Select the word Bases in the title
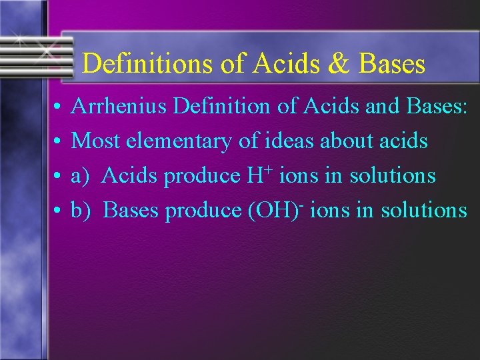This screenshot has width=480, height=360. [x=391, y=64]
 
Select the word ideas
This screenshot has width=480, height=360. [x=267, y=141]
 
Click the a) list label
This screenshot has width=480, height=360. [x=80, y=176]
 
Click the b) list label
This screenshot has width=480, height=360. [x=81, y=211]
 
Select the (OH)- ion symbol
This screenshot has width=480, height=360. [x=276, y=210]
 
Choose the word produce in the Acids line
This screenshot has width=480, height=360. [x=203, y=177]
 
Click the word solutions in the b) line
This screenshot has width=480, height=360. [x=423, y=211]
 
